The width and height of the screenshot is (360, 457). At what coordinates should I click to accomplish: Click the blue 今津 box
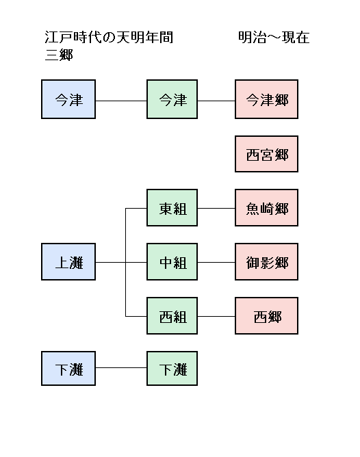(x=68, y=99)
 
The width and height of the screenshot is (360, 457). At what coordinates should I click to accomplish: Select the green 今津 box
(x=172, y=99)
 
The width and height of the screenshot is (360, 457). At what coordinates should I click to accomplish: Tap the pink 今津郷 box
(x=266, y=99)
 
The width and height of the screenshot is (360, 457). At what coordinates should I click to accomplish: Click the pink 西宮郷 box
(x=266, y=154)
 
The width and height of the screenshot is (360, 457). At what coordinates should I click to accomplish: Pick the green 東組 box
(x=172, y=207)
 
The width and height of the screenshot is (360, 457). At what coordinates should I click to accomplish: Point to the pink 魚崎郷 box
(x=266, y=207)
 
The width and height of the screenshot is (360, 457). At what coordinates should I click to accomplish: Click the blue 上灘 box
(x=68, y=262)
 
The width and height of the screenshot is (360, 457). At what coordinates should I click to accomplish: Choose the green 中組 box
(x=172, y=262)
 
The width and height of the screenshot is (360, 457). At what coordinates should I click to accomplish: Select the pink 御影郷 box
(x=266, y=262)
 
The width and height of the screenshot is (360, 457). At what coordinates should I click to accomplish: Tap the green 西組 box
(x=172, y=315)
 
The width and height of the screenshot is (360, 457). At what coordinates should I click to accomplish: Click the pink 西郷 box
(x=266, y=315)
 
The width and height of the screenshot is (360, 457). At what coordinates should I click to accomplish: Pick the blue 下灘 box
(x=68, y=368)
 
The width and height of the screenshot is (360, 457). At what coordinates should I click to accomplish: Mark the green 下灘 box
(x=172, y=368)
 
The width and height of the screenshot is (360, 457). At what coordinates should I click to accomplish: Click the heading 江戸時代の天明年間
(x=109, y=38)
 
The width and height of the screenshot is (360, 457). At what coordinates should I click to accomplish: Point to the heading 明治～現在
(x=274, y=38)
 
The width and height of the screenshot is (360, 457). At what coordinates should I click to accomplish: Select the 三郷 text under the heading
(x=59, y=55)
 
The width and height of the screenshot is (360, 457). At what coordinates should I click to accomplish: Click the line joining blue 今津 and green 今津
(x=121, y=101)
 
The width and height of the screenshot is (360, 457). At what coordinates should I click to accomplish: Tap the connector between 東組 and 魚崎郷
(x=216, y=209)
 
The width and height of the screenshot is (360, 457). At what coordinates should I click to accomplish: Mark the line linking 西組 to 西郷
(x=216, y=316)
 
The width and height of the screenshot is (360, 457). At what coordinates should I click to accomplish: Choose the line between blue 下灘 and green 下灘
(x=121, y=368)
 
